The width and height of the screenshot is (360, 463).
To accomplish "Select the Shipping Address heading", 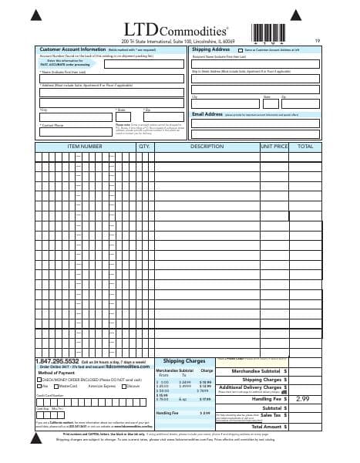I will pos(210,49).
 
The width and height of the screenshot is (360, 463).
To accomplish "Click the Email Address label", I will pos(207,114).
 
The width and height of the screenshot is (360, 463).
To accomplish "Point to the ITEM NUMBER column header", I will pos(85,146).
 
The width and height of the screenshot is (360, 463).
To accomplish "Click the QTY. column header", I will pos(143,146).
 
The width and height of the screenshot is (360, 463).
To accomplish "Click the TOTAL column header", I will pos(305,146).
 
